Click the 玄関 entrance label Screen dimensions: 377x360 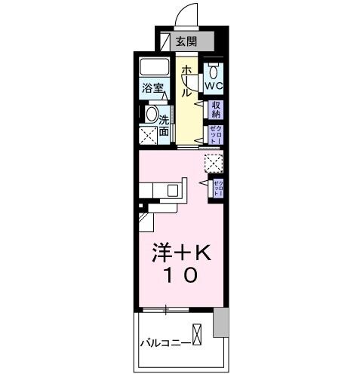coord(186,42)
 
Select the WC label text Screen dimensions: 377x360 coord(214,87)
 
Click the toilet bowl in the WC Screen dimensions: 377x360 coord(214,72)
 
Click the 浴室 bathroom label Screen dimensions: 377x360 coord(152,88)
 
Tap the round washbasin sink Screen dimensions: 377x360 coord(152,115)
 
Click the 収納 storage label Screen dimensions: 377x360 coord(215,109)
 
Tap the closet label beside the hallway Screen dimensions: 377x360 coord(215,134)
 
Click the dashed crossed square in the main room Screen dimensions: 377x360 coord(213,162)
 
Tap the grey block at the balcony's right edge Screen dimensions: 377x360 coord(220,322)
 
